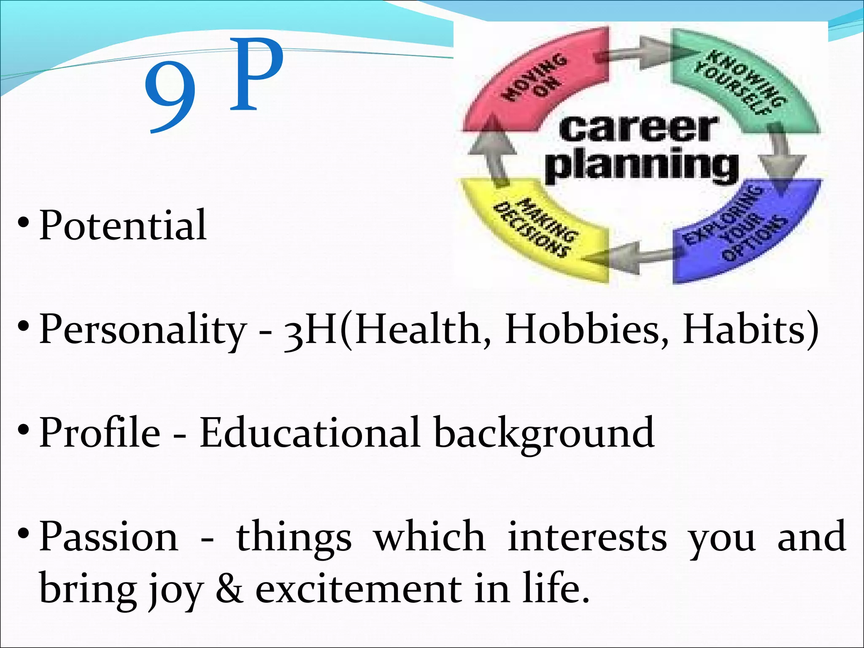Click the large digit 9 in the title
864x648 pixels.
click(x=170, y=96)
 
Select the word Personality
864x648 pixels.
click(x=143, y=329)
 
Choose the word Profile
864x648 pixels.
click(x=100, y=432)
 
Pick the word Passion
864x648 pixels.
click(x=109, y=537)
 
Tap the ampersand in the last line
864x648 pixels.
click(x=229, y=589)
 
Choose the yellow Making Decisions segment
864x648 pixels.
click(x=536, y=230)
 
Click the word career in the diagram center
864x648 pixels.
click(x=638, y=129)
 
